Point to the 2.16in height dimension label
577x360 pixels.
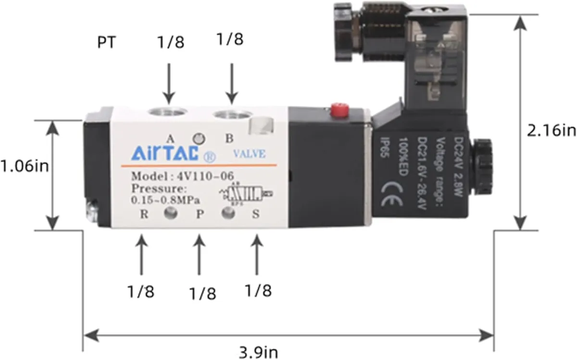(551, 130)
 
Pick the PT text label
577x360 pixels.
(106, 42)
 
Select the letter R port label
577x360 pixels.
(143, 214)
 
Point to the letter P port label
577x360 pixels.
(200, 214)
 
